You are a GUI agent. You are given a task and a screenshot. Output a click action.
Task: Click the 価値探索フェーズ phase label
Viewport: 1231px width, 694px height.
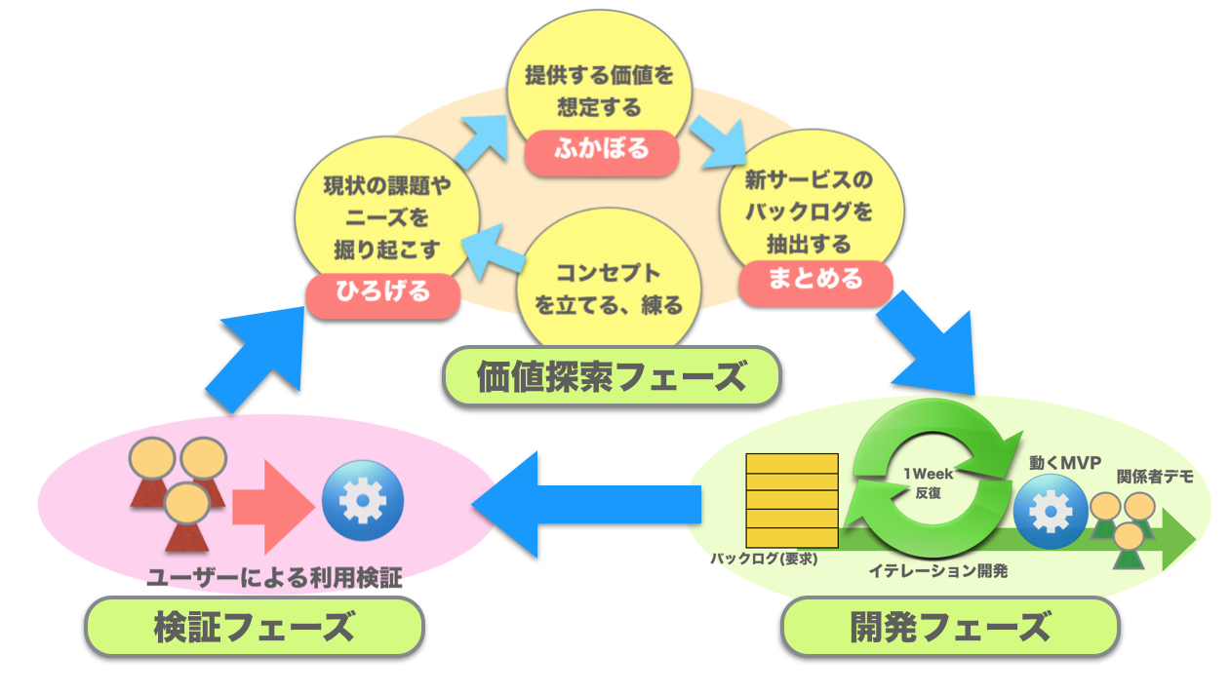point(612,375)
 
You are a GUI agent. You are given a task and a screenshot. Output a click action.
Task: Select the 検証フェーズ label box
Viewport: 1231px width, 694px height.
point(254,626)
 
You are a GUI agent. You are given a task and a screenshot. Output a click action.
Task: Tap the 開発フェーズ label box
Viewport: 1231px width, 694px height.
point(950,626)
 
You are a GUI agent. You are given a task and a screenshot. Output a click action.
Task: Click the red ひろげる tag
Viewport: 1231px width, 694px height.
point(382,294)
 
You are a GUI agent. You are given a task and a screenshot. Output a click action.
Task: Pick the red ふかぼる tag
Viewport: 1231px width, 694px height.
point(601,150)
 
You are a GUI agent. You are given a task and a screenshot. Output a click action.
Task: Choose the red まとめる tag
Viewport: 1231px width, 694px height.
point(815,280)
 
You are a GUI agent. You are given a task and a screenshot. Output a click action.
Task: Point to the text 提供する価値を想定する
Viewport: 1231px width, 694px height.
point(599,92)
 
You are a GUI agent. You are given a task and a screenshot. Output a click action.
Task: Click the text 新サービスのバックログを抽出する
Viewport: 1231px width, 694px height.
point(809,212)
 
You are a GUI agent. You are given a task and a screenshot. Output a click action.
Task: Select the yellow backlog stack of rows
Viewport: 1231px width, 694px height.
point(791,500)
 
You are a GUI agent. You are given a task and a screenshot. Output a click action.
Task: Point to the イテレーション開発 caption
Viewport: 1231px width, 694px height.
point(937,571)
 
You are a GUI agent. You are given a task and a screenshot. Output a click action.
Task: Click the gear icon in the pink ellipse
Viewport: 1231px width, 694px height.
point(362,502)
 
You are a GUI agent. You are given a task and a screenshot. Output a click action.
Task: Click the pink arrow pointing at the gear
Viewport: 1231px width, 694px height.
point(273,504)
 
